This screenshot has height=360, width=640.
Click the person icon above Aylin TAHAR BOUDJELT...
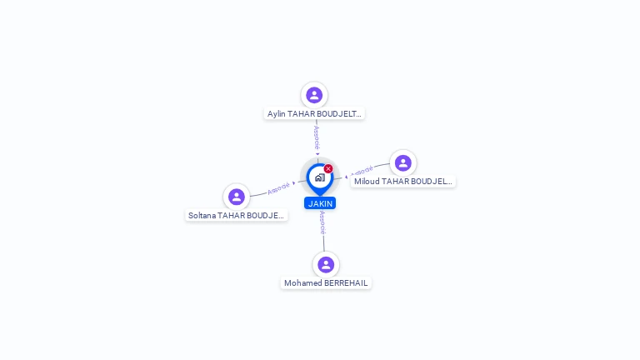click(x=314, y=95)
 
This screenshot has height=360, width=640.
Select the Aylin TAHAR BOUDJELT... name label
click(x=314, y=113)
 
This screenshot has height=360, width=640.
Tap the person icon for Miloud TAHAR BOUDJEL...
click(x=403, y=162)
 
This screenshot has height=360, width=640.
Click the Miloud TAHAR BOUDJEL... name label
click(x=402, y=181)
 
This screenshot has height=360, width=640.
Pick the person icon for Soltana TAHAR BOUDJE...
click(x=237, y=197)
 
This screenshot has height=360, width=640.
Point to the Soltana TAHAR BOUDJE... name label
click(x=237, y=215)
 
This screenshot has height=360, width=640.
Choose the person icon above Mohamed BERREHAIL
click(x=326, y=264)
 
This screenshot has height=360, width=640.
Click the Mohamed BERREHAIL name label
click(x=326, y=283)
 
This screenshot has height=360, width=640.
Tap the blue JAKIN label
click(x=320, y=203)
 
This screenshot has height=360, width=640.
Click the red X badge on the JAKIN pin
click(x=328, y=169)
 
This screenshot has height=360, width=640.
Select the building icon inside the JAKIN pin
click(x=319, y=177)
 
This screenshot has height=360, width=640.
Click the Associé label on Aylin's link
click(x=317, y=137)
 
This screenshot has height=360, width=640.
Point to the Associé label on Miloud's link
click(x=362, y=172)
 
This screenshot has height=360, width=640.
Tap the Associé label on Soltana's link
click(x=279, y=188)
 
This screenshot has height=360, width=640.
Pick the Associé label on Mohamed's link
click(x=322, y=222)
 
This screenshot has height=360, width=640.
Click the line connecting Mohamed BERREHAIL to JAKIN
click(x=324, y=242)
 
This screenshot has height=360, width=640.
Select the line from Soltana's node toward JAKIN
click(x=258, y=194)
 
